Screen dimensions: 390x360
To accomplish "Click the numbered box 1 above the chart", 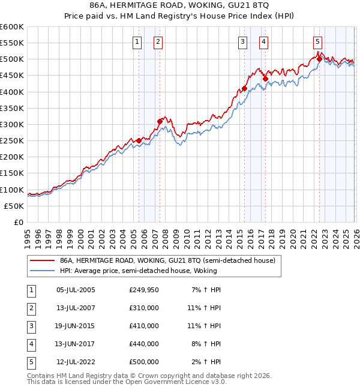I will (x=137, y=41).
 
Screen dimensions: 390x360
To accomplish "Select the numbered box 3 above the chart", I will (x=242, y=41).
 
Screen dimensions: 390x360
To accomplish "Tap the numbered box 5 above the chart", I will (x=317, y=41).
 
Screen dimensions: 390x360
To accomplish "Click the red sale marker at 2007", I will (x=160, y=121).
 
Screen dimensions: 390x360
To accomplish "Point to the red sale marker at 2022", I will (x=319, y=59).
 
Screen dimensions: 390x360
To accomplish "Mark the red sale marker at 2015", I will (x=244, y=89).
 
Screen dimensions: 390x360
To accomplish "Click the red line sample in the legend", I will (x=41, y=261).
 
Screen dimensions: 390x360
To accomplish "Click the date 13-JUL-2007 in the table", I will (x=76, y=308).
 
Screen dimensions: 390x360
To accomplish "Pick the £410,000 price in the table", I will (x=144, y=326).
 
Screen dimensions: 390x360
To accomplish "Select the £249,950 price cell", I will (x=144, y=290).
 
